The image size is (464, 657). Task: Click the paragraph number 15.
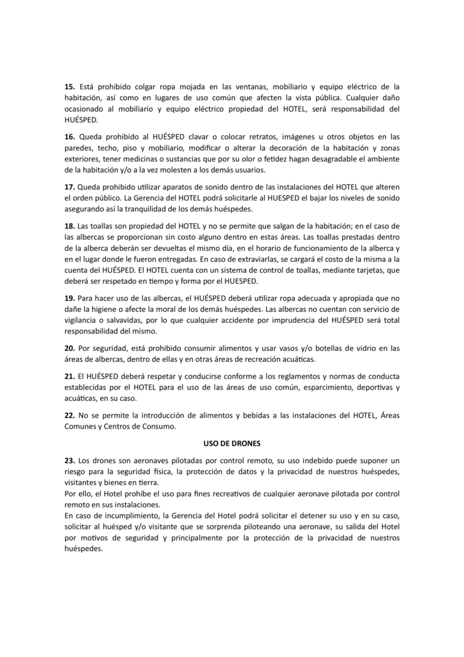click(x=70, y=86)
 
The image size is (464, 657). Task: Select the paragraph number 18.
click(x=70, y=226)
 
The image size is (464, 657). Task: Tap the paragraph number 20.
click(x=70, y=348)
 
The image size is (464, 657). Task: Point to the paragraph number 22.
click(x=70, y=416)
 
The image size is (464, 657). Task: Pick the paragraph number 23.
click(x=70, y=461)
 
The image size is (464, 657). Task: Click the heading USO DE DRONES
click(x=231, y=443)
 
